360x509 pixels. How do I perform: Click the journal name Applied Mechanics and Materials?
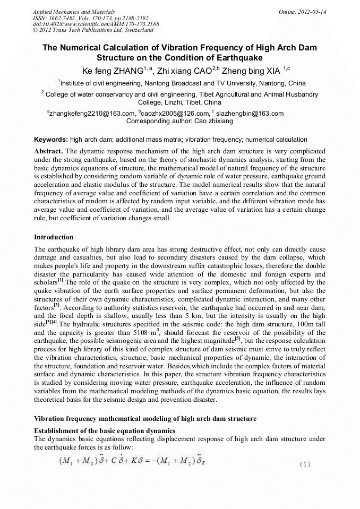click(x=74, y=11)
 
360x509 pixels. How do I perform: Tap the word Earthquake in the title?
click(x=236, y=57)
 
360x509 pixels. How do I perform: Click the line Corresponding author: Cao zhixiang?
click(x=179, y=121)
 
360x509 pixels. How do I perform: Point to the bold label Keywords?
click(x=51, y=140)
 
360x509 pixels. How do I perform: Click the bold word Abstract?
click(x=49, y=151)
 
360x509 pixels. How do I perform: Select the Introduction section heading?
click(x=54, y=237)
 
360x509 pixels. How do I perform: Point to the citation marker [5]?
click(x=239, y=339)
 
